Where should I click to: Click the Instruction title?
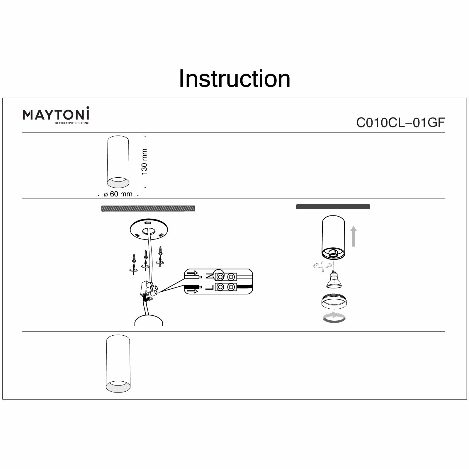235,79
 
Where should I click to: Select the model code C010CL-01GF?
400,123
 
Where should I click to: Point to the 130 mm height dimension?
144,162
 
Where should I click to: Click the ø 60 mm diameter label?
118,194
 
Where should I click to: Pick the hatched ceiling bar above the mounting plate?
148,208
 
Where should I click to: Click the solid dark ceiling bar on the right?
333,207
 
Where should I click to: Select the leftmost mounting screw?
134,258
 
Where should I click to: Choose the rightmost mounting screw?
160,251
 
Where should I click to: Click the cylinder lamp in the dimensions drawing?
118,162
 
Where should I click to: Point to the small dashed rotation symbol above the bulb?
322,265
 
